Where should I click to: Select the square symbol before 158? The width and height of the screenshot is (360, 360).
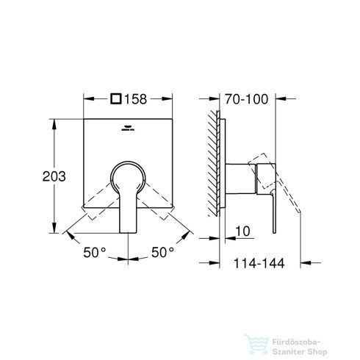(x=116, y=96)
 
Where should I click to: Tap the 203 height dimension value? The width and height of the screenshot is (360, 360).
(x=34, y=176)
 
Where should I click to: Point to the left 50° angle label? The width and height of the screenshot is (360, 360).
(x=95, y=252)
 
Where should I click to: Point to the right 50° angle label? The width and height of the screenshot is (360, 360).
(x=162, y=252)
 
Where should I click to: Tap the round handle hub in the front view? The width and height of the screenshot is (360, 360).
(x=129, y=179)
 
